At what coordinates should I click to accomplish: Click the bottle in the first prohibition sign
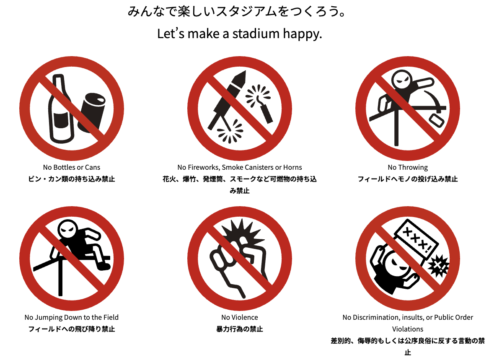coord(61,109)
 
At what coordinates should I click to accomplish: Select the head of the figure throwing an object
coord(402,80)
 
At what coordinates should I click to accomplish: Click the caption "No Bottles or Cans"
coord(72,167)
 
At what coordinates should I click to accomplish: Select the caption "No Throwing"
coord(408,168)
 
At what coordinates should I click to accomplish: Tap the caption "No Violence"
coord(240,317)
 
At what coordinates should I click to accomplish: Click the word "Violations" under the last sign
coord(408,329)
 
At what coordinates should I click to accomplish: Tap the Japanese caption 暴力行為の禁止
coord(240,329)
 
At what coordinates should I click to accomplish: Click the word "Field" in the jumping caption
coord(111,317)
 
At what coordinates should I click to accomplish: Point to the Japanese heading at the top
coord(237,12)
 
